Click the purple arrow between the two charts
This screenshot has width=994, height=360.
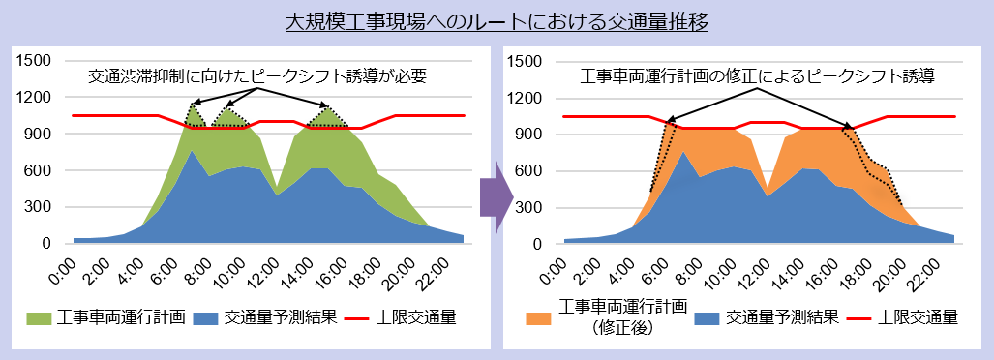[495, 198]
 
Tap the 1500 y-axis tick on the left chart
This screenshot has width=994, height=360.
[34, 61]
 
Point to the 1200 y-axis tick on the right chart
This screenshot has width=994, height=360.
[526, 98]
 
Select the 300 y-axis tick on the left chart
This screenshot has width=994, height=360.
[39, 208]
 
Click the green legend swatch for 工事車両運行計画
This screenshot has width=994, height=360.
[39, 317]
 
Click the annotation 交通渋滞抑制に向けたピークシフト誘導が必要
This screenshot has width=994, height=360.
[257, 75]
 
